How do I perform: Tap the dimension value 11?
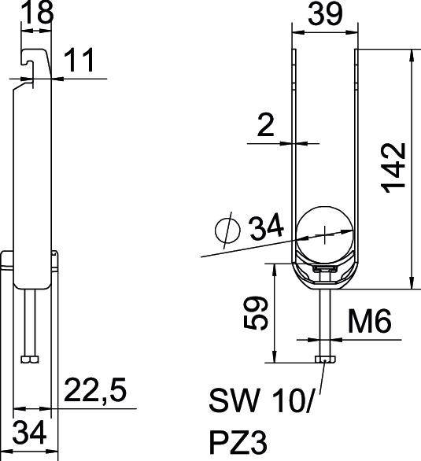[x=79, y=60]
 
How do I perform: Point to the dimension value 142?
[x=394, y=168]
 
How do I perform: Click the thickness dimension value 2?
[x=265, y=125]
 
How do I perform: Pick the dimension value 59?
[x=256, y=313]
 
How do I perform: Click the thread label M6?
[x=369, y=321]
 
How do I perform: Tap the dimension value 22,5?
[x=95, y=390]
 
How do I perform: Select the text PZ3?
[x=238, y=442]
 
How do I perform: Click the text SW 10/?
[x=260, y=400]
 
